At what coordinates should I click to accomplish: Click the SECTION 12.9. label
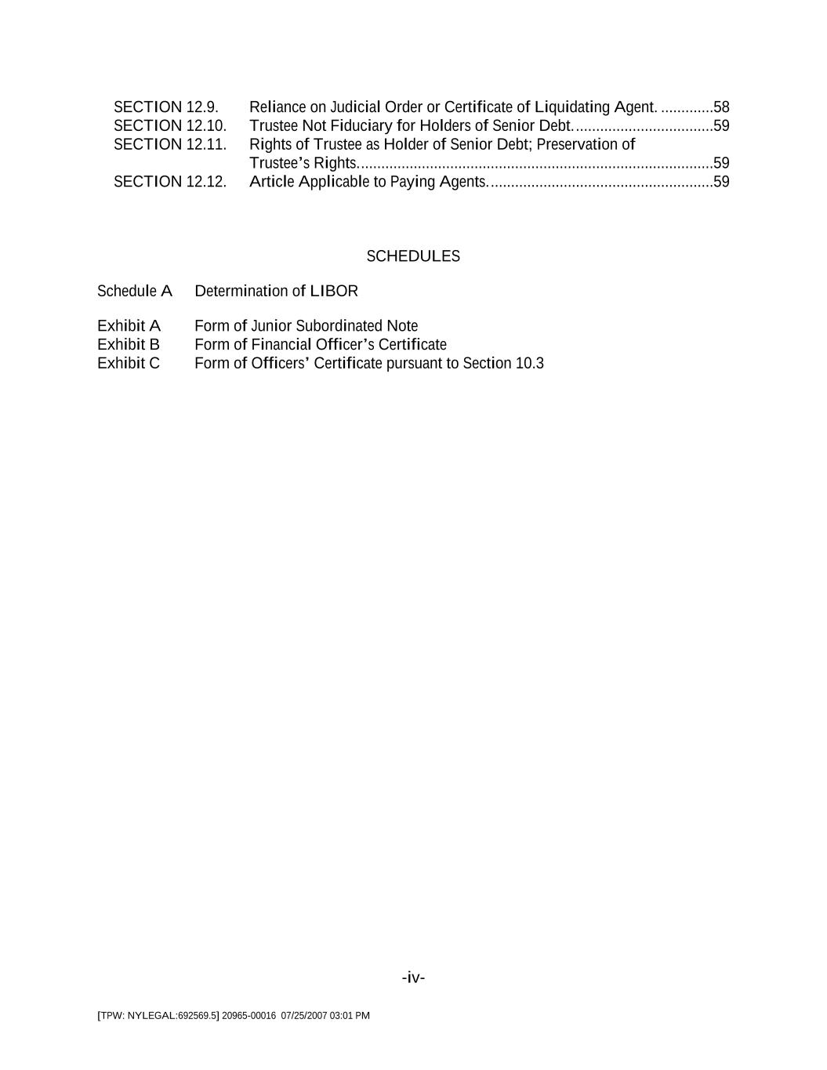coord(165,107)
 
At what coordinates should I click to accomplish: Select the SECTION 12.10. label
coord(169,125)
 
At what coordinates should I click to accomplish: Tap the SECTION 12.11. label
coord(169,144)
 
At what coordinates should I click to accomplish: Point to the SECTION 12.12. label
coord(169,182)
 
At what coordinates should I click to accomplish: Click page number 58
coord(721,107)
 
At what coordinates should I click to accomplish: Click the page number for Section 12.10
coord(721,125)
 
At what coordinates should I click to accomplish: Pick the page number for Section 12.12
coord(721,182)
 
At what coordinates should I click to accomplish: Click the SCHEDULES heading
coord(413,256)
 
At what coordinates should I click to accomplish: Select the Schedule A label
coord(134,291)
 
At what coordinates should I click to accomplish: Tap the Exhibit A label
coord(129,325)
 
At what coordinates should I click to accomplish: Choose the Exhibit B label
coord(129,344)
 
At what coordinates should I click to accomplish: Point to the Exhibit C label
coord(129,363)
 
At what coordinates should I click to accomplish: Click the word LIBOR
coord(334,291)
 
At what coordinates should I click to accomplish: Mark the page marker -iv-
coord(413,978)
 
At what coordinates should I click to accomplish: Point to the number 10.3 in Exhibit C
coord(529,363)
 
